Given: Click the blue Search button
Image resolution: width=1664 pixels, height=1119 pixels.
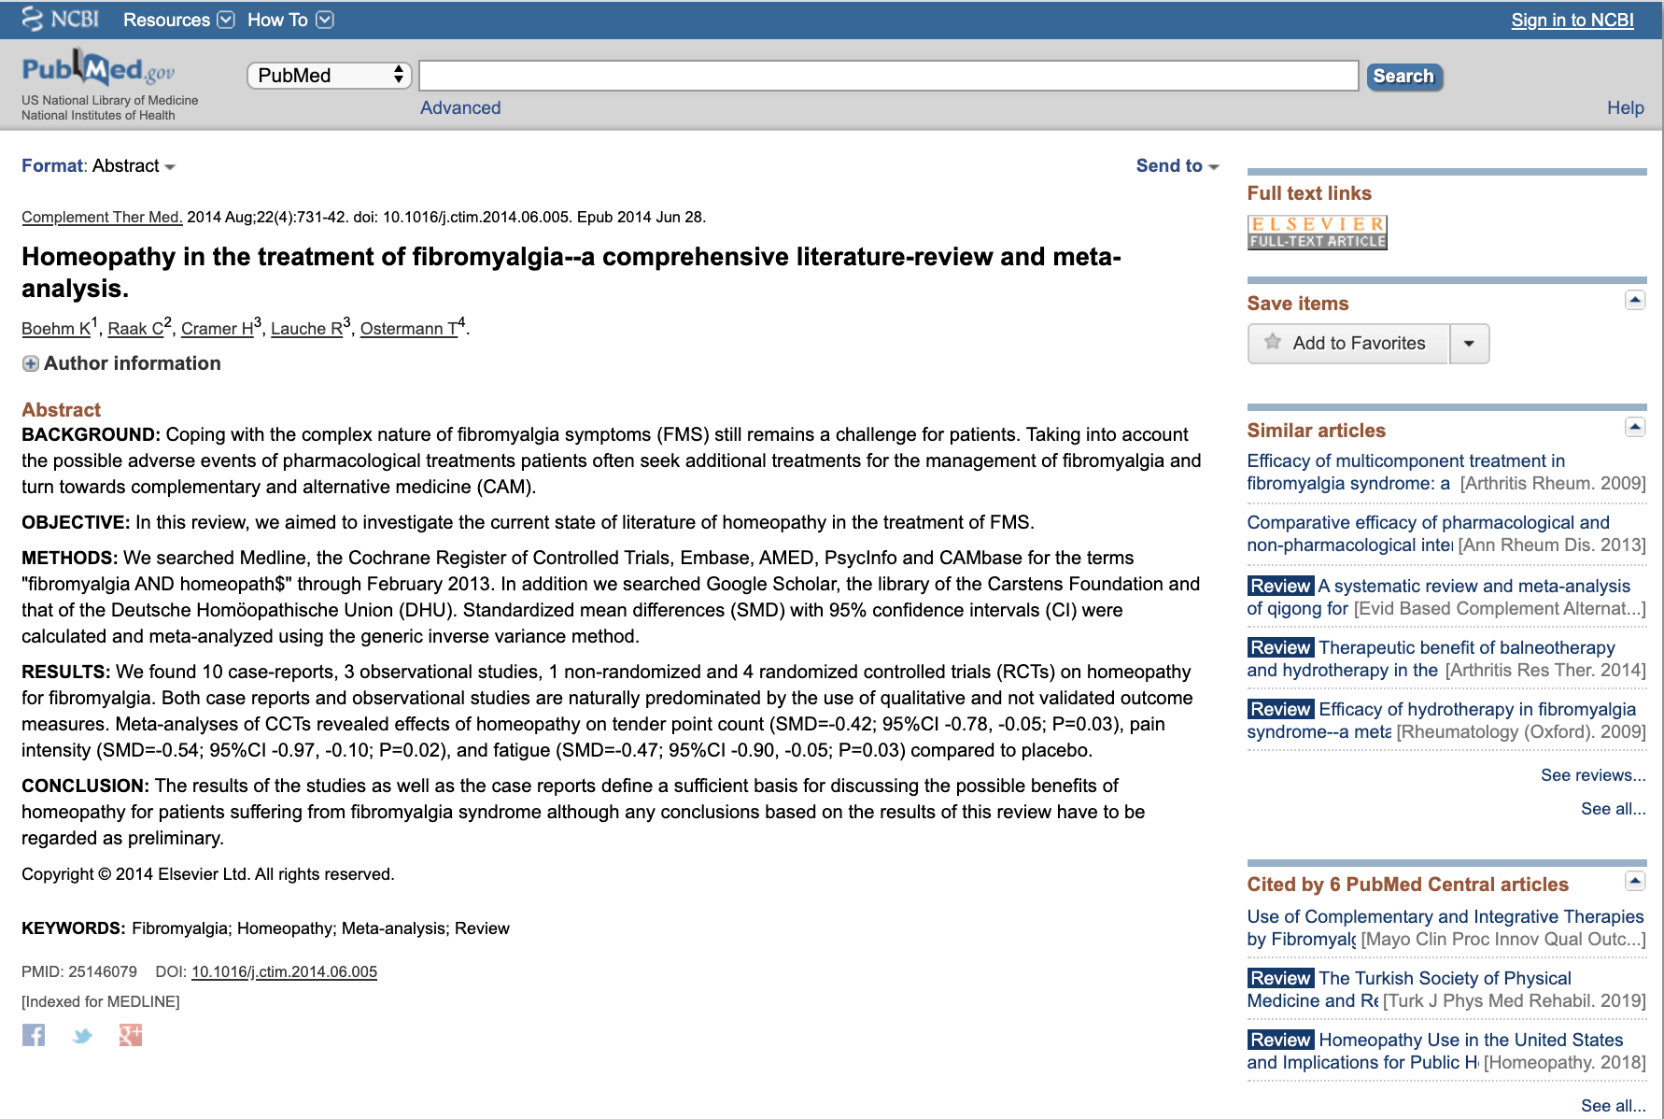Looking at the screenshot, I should point(1403,77).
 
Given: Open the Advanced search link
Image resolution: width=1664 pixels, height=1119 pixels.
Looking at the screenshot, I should point(460,107).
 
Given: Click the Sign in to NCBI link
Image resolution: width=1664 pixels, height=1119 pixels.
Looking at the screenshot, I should point(1572,21).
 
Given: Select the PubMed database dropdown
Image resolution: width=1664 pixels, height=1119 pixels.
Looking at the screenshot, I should point(329,76).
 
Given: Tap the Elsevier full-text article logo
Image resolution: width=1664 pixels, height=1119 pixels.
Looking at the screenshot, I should point(1317,233).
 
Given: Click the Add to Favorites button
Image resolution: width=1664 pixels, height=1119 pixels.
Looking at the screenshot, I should point(1348,344).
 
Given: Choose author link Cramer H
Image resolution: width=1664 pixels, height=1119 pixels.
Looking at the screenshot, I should point(218,329).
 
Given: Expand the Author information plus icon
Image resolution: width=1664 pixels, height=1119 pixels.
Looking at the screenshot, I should point(31,363).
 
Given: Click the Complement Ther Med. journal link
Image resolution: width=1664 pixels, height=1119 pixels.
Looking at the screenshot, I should point(102,217).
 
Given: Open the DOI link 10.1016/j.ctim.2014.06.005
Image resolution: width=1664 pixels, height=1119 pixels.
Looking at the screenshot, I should point(284,971).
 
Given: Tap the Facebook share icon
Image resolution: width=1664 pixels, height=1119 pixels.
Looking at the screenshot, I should point(34,1035).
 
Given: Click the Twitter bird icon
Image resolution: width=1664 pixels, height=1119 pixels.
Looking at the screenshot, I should point(82,1035).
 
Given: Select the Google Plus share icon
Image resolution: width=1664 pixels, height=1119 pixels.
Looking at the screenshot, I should point(131,1035).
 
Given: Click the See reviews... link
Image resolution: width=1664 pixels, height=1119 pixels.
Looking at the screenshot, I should point(1592,775).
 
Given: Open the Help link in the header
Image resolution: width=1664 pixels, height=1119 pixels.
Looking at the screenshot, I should point(1625,107).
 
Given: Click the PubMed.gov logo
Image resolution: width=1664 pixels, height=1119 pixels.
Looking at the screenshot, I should point(98,70).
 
